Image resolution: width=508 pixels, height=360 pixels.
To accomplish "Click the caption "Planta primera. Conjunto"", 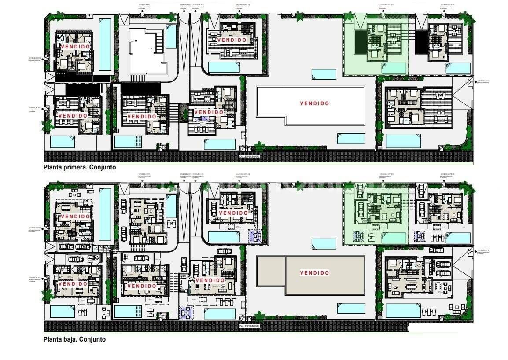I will [x=79, y=167].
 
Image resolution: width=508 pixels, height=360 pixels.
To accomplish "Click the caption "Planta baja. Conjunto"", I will [x=74, y=339].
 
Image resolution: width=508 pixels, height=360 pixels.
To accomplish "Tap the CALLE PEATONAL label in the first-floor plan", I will [x=249, y=156].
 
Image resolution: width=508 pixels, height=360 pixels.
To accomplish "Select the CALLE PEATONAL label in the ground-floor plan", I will [x=249, y=326].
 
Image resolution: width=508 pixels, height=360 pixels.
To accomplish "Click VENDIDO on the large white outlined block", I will [x=314, y=103].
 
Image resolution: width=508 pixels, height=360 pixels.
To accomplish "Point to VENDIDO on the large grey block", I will [x=314, y=273].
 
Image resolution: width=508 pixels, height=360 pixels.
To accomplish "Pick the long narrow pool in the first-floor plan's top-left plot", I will [x=105, y=44].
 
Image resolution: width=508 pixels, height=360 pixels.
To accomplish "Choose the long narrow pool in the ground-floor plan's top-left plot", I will [x=105, y=214].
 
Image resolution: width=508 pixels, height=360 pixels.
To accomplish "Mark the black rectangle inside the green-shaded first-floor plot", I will [x=361, y=42].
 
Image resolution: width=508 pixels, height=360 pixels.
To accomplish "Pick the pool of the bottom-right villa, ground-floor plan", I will [x=403, y=310].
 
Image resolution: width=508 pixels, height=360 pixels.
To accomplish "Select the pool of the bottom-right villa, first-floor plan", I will [x=403, y=141].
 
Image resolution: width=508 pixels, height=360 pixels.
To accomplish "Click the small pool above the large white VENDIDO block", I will [x=324, y=74].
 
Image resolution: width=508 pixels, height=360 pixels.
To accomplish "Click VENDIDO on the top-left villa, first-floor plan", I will [x=75, y=46].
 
